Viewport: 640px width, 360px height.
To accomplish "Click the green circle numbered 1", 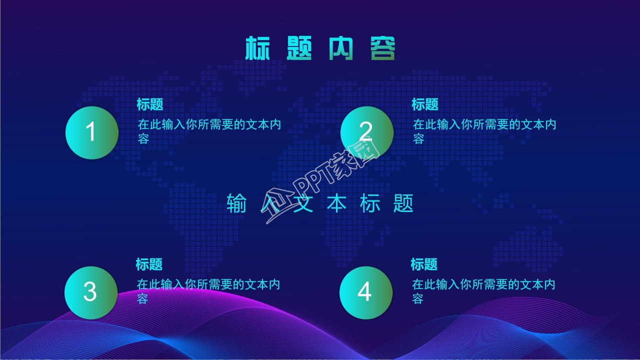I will tap(92, 132).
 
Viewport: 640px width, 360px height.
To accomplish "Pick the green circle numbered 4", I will tap(365, 292).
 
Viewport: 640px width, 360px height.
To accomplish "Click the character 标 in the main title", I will tap(257, 49).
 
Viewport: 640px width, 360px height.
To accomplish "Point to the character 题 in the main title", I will tap(299, 49).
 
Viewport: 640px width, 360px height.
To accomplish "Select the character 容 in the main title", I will tap(383, 49).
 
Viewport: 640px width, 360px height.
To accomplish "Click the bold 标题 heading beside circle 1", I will tap(150, 104).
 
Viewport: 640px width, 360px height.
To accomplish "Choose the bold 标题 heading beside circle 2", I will tap(425, 104).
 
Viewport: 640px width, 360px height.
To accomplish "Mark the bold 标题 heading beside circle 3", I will tap(149, 264).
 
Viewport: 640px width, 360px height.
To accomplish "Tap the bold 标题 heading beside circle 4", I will tap(424, 264).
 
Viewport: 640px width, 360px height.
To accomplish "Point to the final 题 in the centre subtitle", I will tap(403, 203).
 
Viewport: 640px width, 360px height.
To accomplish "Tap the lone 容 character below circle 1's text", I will tap(143, 139).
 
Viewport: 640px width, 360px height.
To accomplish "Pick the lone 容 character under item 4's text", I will tap(418, 299).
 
